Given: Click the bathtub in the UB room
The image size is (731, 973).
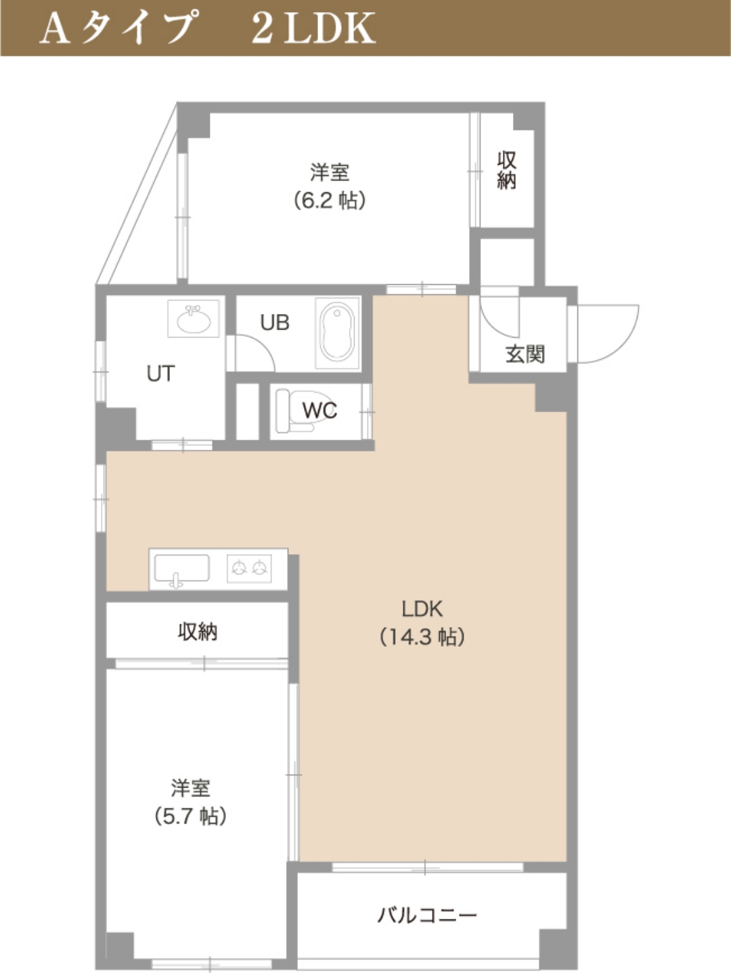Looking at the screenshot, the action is (x=337, y=333).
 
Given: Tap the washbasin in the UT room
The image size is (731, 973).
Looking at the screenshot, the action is (x=194, y=319).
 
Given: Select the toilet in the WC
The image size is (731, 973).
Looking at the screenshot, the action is (x=295, y=411).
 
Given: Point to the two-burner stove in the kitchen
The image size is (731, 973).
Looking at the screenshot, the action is (x=249, y=568).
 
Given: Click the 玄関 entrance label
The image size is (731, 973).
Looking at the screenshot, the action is (x=525, y=355).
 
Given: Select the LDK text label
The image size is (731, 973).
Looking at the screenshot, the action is (x=422, y=609).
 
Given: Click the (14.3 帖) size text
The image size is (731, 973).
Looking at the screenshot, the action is (x=422, y=637).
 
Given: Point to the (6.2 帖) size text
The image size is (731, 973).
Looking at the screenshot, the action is (x=330, y=200).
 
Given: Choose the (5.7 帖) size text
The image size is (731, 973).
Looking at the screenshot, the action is (x=191, y=816).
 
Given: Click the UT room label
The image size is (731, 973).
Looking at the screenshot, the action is (x=160, y=374).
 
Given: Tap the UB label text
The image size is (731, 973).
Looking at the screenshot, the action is (x=275, y=323).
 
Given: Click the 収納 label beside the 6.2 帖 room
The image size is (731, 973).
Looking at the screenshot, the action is (x=506, y=171).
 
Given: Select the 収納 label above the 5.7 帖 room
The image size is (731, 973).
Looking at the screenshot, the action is (x=198, y=632).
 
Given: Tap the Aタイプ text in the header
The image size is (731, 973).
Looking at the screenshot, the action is (x=117, y=28).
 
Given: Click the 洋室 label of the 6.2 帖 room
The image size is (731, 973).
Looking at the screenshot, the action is (x=330, y=173).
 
